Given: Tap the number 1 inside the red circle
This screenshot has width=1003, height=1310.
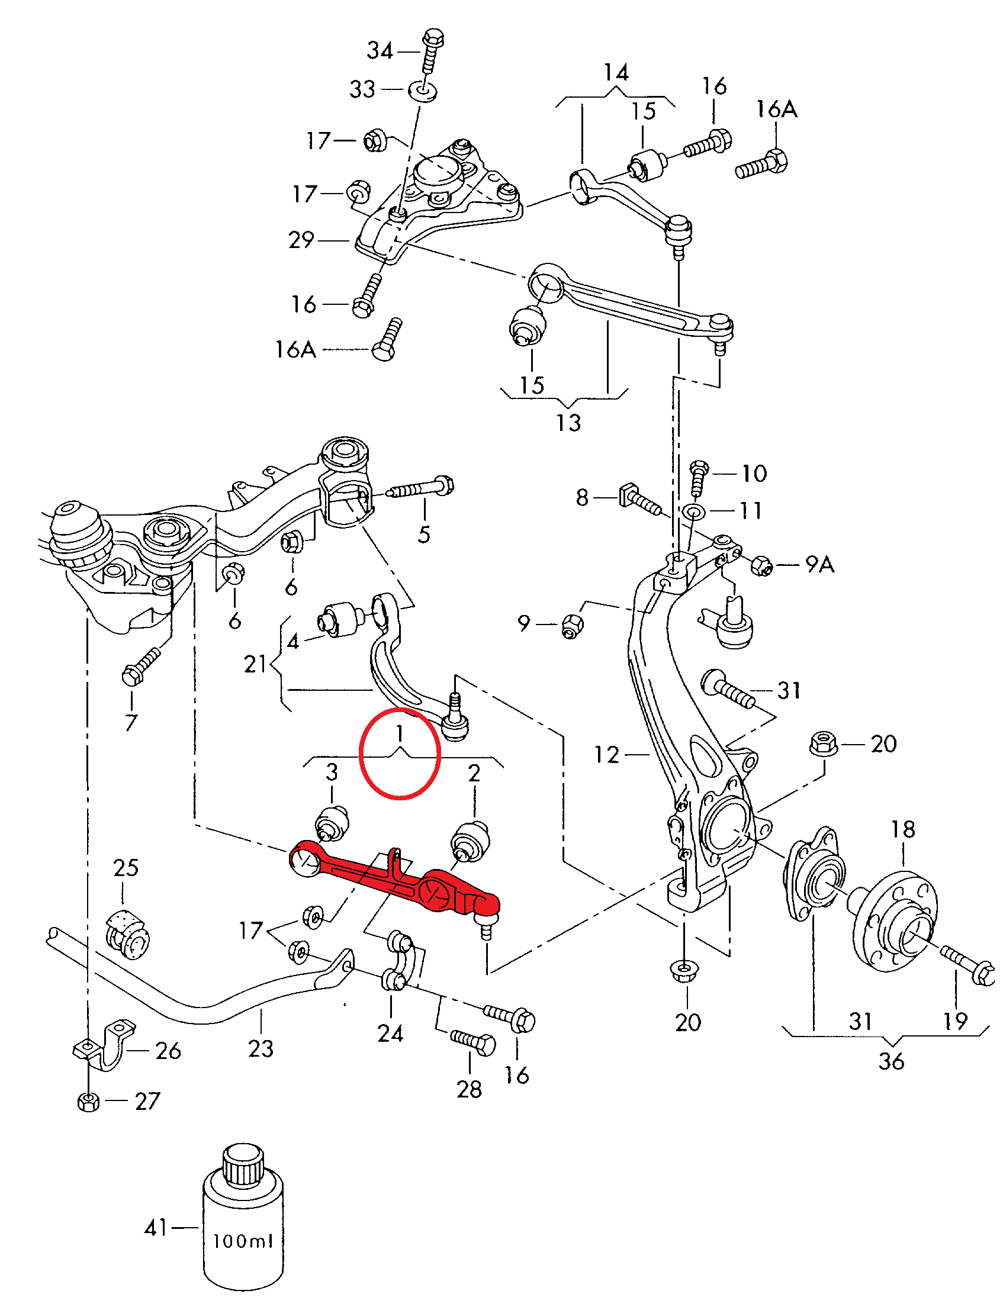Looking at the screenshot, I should pyautogui.click(x=400, y=733).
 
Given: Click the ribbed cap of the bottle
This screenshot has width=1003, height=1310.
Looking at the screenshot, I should pyautogui.click(x=243, y=1164).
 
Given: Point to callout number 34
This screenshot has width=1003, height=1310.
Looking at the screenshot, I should pyautogui.click(x=380, y=51).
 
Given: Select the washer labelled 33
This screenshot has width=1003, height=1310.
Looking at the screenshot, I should pyautogui.click(x=423, y=91).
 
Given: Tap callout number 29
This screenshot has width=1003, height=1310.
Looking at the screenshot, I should pyautogui.click(x=301, y=240).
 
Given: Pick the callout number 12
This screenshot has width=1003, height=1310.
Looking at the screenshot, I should pyautogui.click(x=606, y=755).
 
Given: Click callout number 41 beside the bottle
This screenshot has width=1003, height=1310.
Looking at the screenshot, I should pyautogui.click(x=156, y=1228).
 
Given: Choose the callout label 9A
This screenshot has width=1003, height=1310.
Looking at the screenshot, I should pyautogui.click(x=819, y=564).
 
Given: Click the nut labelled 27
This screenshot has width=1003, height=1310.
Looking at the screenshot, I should pyautogui.click(x=89, y=1101).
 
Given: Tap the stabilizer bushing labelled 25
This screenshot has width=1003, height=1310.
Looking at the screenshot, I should pyautogui.click(x=128, y=935).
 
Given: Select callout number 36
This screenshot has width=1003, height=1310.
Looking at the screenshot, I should pyautogui.click(x=891, y=1061).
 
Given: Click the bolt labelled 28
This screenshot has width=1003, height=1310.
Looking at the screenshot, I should pyautogui.click(x=474, y=1042).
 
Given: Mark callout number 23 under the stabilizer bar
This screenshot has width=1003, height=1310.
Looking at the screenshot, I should pyautogui.click(x=261, y=1048).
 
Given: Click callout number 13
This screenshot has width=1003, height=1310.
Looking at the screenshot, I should pyautogui.click(x=568, y=423).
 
